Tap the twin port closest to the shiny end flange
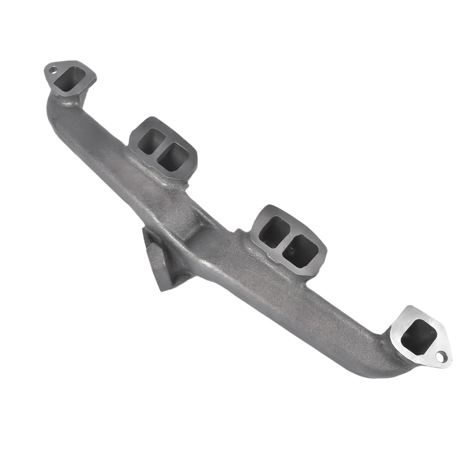coord(300,251)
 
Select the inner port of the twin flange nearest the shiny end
coord(273,231)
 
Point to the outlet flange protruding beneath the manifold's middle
coord(160,261)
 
